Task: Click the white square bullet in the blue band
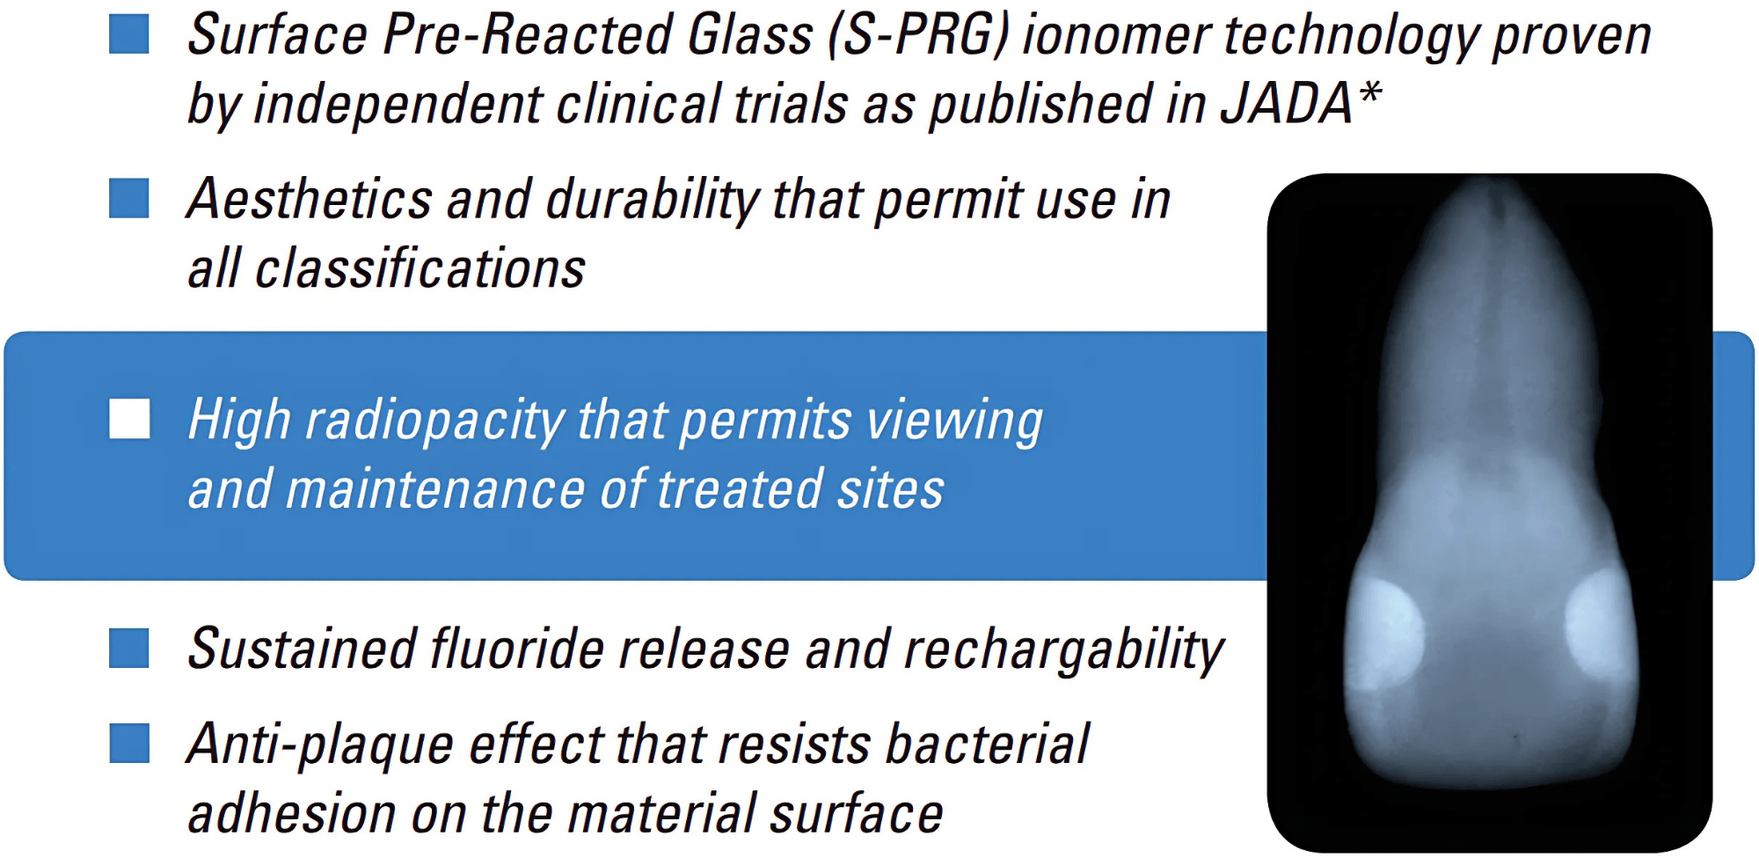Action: coord(129,418)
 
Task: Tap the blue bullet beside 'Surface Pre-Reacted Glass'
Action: coord(129,33)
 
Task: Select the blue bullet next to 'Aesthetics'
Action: coord(129,198)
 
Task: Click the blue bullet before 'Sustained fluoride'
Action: coord(129,649)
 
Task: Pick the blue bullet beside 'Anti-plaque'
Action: coord(129,743)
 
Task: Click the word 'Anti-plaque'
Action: coord(321,746)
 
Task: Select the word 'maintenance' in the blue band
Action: coord(435,489)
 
